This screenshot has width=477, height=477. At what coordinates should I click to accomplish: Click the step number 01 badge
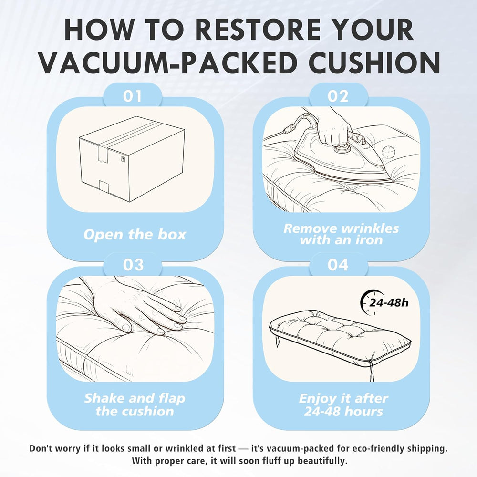point(132,96)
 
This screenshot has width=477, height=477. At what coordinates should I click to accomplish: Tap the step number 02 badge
point(338,96)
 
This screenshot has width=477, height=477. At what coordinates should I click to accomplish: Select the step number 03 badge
point(133,265)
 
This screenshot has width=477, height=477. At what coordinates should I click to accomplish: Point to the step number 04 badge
point(338,265)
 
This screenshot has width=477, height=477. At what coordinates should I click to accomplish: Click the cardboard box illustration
point(132,159)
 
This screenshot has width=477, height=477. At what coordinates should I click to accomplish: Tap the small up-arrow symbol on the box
point(123,159)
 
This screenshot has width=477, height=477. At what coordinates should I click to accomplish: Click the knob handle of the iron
point(342,149)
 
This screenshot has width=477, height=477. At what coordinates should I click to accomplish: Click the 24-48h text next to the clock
point(388,303)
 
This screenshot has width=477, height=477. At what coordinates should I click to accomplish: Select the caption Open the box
point(135,235)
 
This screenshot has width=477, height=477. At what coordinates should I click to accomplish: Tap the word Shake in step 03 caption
point(103,398)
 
